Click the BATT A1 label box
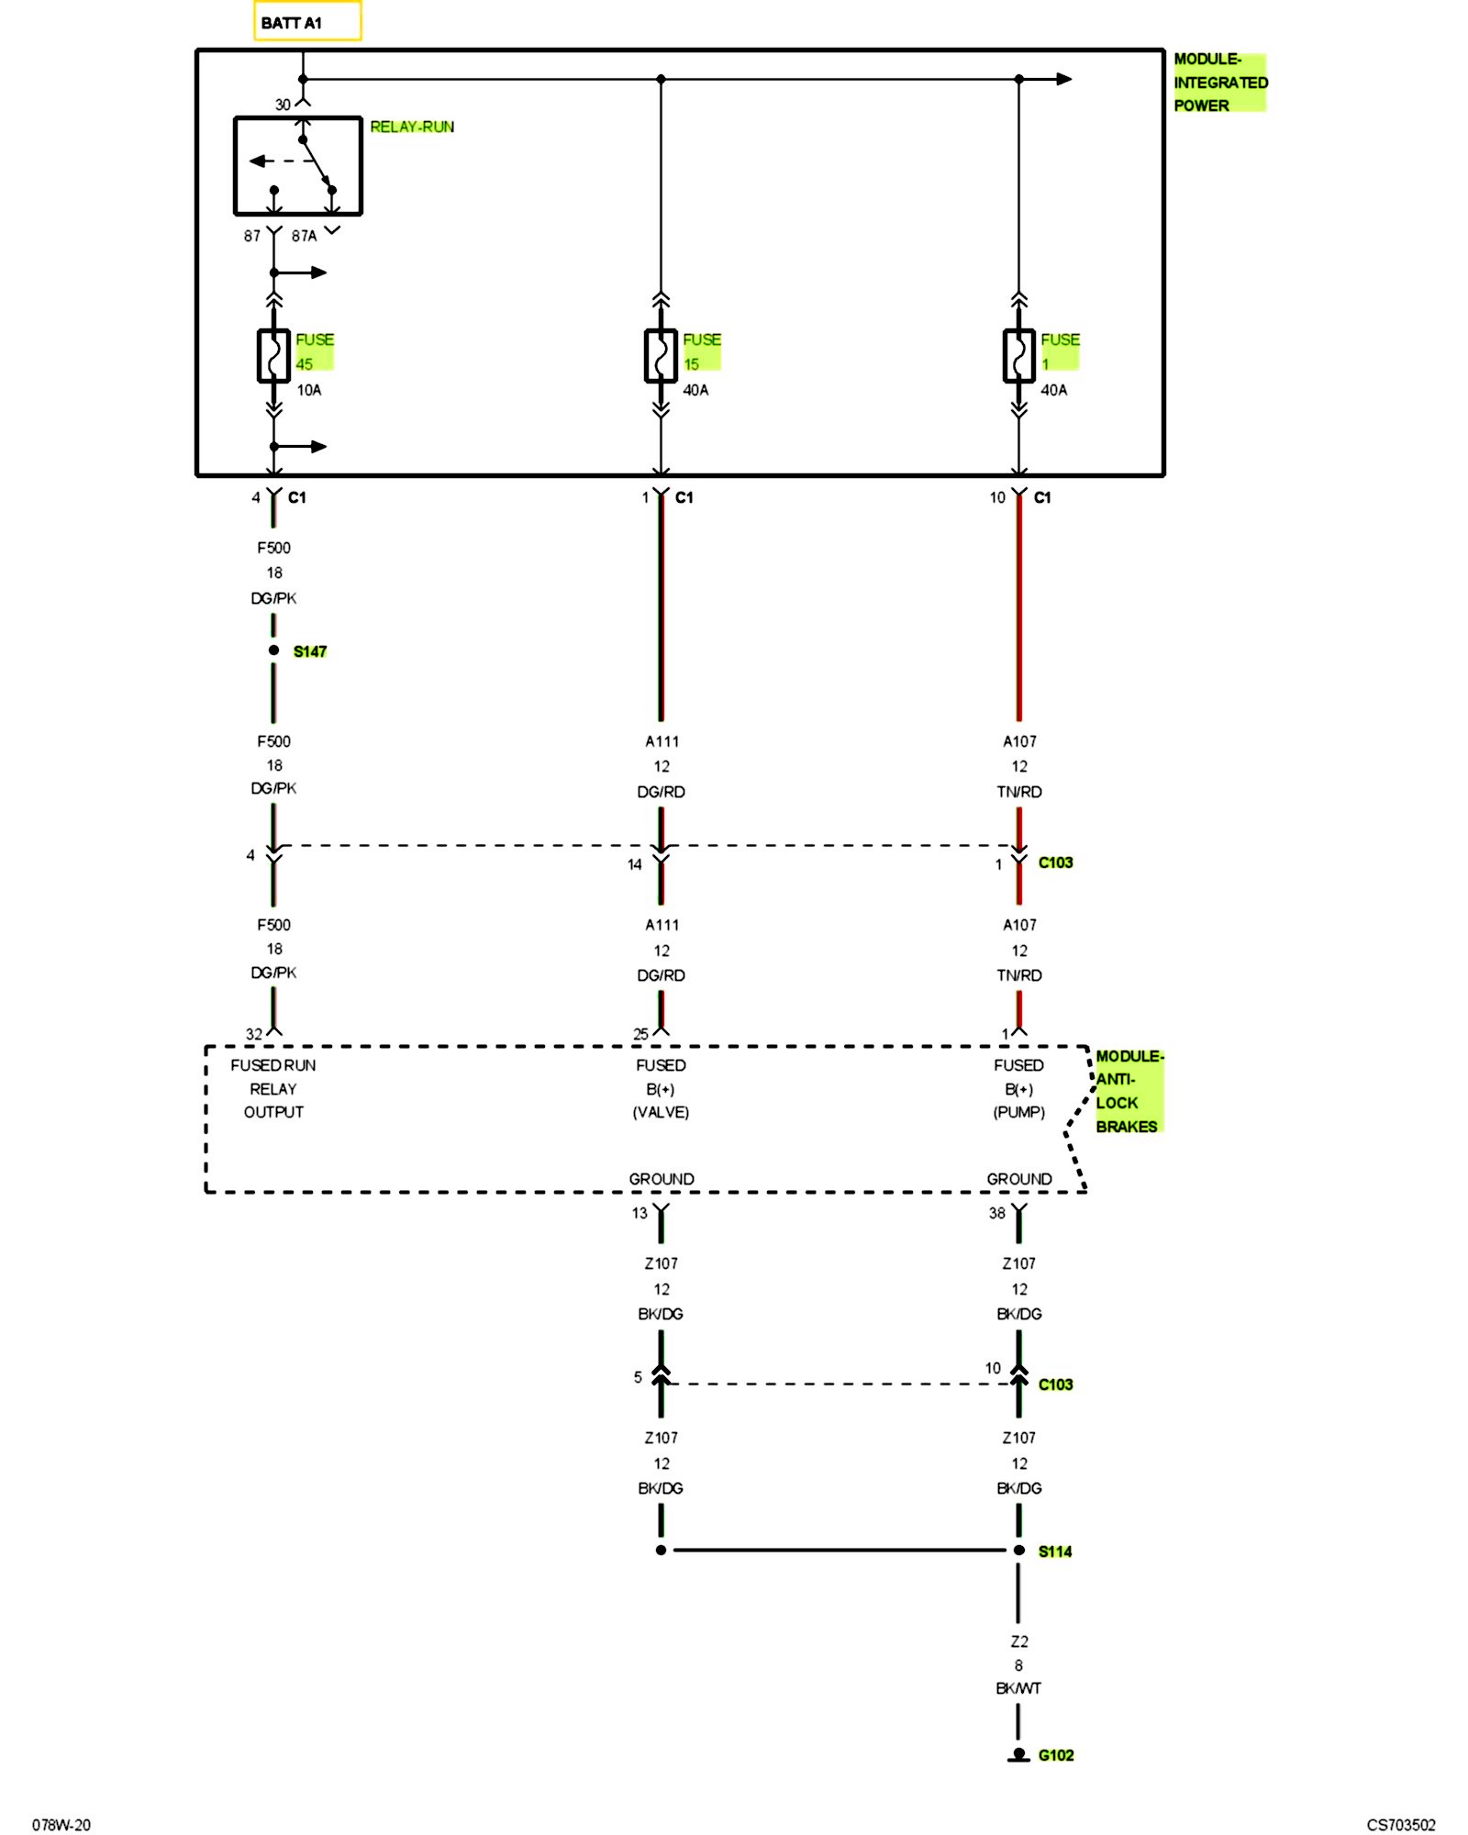point(307,22)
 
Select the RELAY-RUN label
point(412,127)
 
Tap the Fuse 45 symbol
point(273,355)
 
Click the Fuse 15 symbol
point(661,355)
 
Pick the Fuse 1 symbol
point(1018,355)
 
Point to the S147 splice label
point(310,651)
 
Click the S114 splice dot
point(1018,1551)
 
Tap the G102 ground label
point(1056,1755)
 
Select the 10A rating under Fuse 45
point(309,390)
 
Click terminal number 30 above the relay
point(283,105)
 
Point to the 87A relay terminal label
point(304,236)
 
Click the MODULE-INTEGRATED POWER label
point(1219,83)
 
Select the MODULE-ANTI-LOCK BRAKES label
point(1128,1091)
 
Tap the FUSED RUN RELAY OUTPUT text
point(273,1088)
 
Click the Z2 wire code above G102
point(1019,1640)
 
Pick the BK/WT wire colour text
point(1018,1688)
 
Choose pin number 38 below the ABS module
point(997,1213)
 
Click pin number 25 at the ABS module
point(640,1034)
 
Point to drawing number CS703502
point(1401,1825)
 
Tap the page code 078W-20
point(61,1825)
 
